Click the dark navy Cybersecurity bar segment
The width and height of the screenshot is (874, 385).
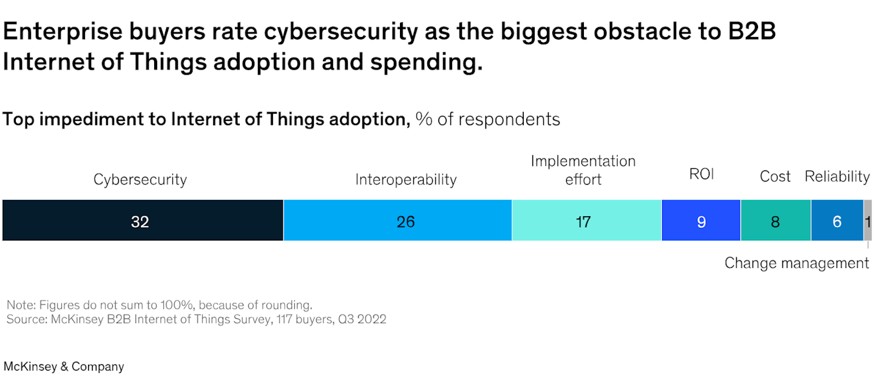(x=73, y=220)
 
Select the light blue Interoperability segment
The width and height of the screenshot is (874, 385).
(x=340, y=220)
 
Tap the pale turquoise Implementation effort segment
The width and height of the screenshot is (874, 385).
(x=546, y=220)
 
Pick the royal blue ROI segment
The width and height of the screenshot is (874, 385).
(x=680, y=220)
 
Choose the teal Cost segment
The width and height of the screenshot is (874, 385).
(x=759, y=220)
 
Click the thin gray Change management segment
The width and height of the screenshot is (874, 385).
(x=868, y=220)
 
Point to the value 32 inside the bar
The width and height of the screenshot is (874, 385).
(x=140, y=222)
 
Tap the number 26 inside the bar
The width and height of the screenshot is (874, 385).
(x=405, y=222)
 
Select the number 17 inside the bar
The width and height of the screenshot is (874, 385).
(x=583, y=222)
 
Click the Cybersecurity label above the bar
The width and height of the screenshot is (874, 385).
(x=140, y=180)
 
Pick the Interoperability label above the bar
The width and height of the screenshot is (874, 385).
(x=405, y=180)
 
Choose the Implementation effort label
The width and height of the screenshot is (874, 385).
(x=583, y=170)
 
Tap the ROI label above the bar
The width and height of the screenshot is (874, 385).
(x=701, y=175)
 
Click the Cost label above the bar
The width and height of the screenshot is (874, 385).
(x=775, y=177)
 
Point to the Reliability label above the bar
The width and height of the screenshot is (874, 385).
(x=837, y=177)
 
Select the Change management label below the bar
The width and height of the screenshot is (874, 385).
(x=796, y=263)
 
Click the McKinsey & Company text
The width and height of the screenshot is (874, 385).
(x=64, y=367)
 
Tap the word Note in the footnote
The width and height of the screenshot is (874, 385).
(x=19, y=305)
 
